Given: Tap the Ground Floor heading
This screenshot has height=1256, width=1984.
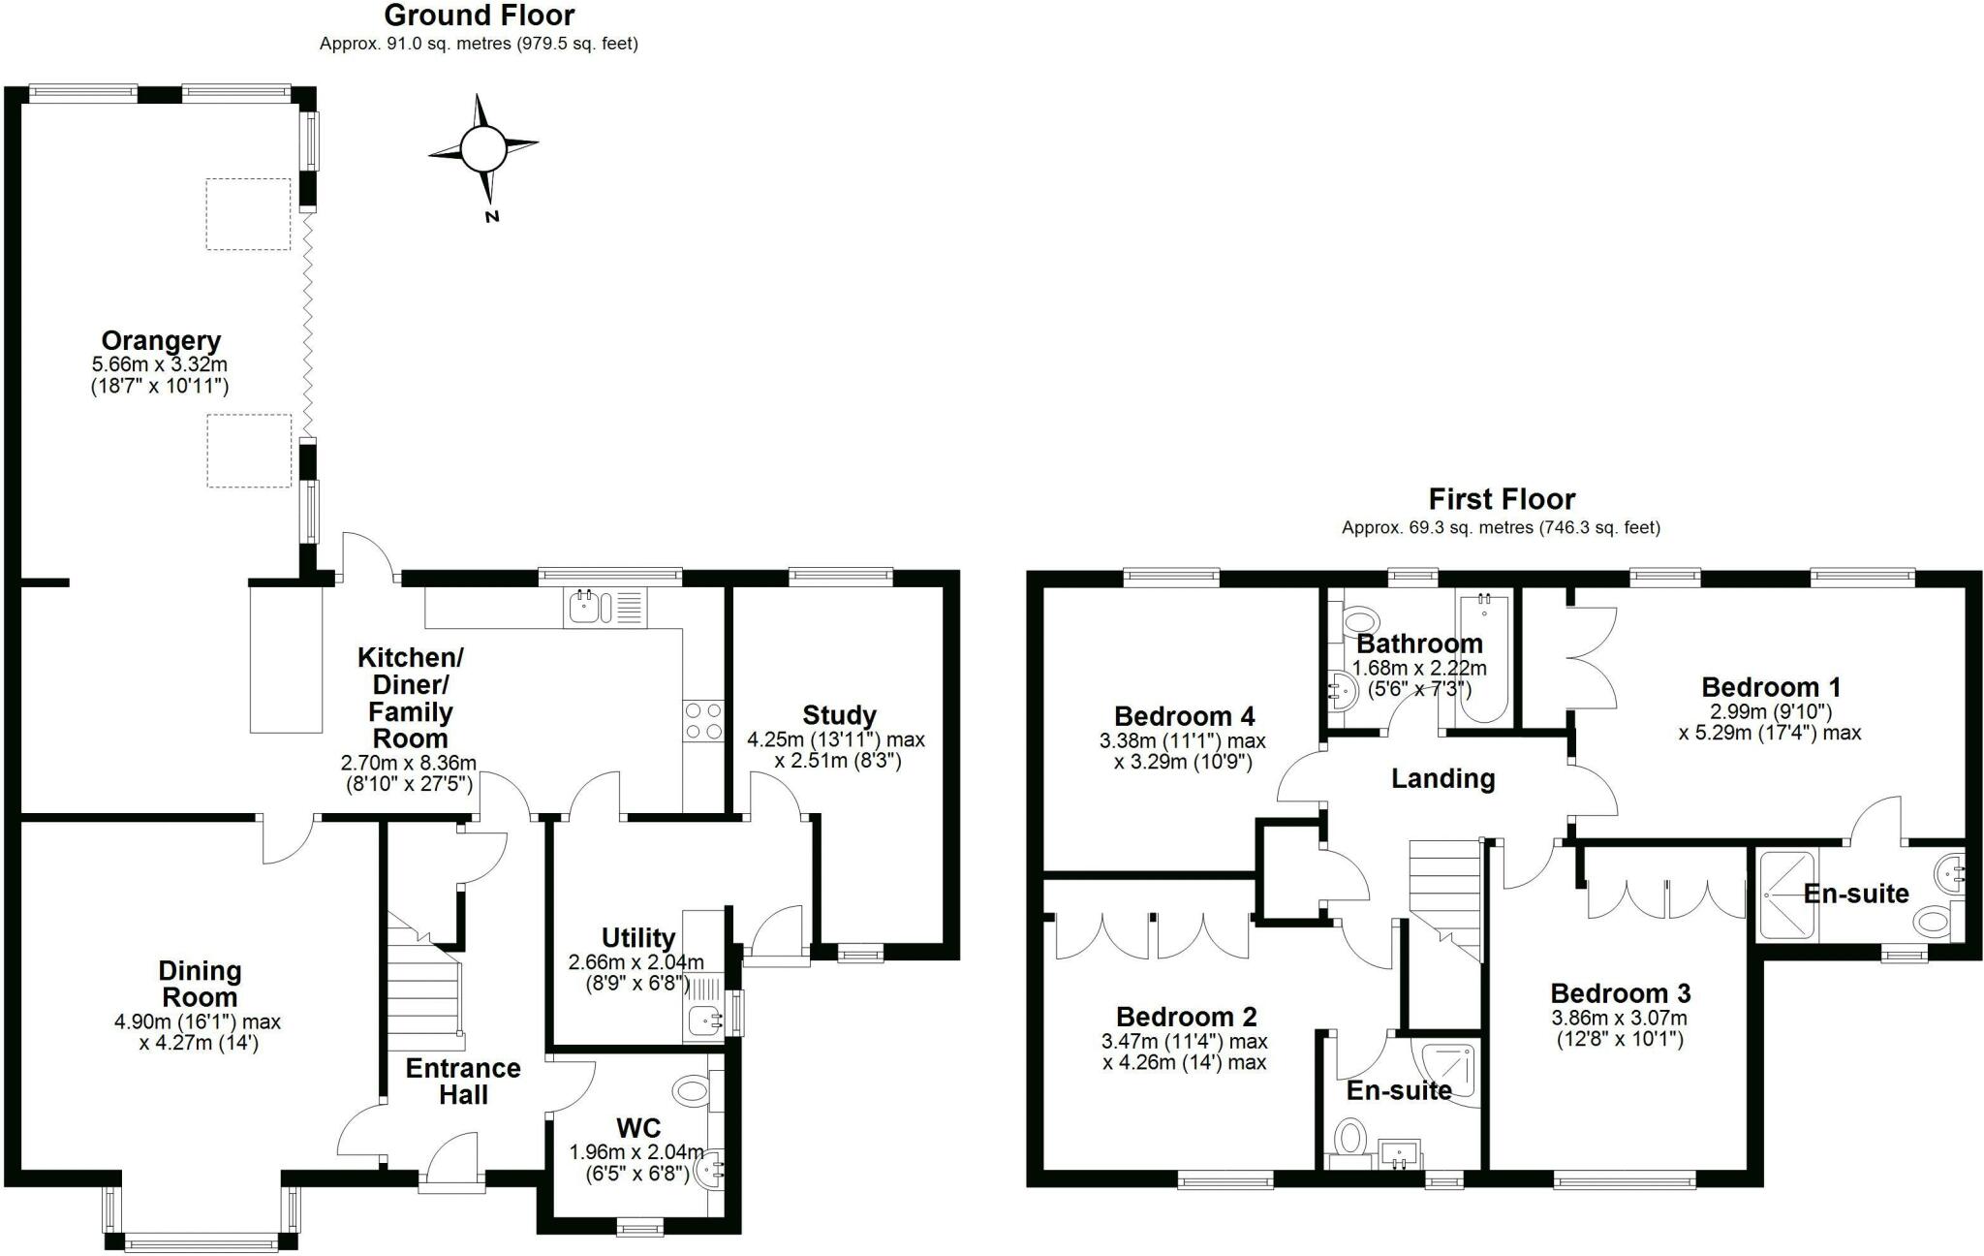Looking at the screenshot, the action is point(480,16).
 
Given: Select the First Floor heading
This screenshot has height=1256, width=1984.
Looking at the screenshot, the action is point(1502,499).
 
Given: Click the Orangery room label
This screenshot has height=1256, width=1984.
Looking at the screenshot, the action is point(161,341).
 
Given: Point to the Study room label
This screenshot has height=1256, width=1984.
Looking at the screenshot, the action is point(839,715).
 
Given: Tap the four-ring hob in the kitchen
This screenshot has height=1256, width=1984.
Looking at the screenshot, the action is point(703,720).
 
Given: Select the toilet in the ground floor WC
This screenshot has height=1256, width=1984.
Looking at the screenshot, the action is point(694,1090).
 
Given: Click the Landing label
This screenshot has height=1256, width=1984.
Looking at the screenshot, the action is point(1442,778).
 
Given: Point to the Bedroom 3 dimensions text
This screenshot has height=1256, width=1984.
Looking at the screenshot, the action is point(1620,1029).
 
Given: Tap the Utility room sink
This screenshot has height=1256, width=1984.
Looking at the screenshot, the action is point(703,1020).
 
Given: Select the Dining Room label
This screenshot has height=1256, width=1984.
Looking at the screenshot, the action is point(200,984).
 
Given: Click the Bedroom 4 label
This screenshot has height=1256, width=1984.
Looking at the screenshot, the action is point(1184,716).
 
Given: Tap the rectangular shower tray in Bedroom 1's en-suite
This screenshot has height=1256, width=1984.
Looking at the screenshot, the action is point(1787,895).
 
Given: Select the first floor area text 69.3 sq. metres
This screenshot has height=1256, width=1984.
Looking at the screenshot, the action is point(1501,528).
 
